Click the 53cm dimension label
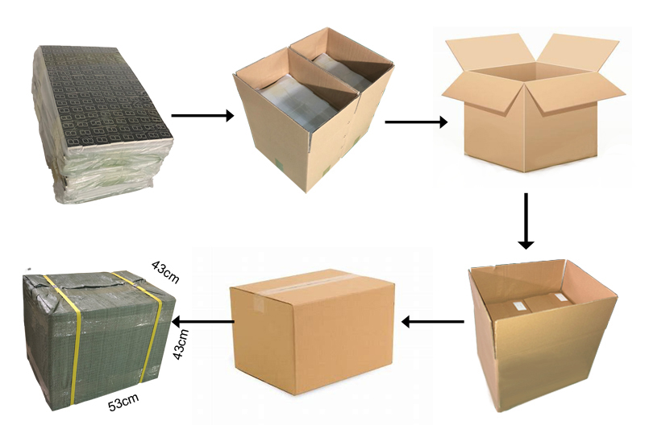[x=123, y=402]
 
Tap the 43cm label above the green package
[x=166, y=272]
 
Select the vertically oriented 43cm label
[x=180, y=345]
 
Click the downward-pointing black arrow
[x=526, y=221]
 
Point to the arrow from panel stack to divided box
[x=202, y=115]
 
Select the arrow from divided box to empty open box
[x=416, y=122]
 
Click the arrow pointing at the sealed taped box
[x=432, y=322]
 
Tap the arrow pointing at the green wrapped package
[x=203, y=321]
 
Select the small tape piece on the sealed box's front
[x=259, y=303]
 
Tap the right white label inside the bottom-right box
[x=561, y=297]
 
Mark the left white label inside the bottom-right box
[x=518, y=305]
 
